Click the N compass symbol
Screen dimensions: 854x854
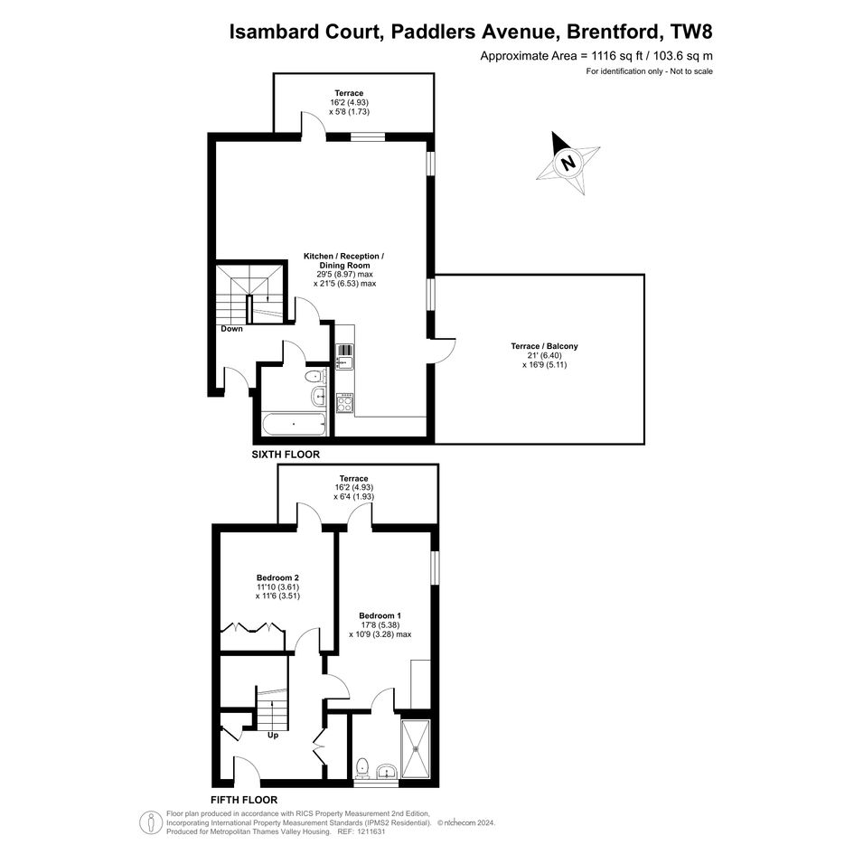point(568,163)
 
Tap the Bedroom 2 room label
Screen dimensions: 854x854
point(277,577)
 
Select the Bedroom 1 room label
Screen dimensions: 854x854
point(380,616)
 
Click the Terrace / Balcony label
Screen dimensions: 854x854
point(545,346)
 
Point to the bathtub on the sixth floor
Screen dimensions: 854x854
point(294,424)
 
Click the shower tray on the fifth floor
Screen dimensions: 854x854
point(416,749)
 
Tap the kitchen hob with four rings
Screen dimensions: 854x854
point(344,402)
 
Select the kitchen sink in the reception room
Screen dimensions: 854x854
point(345,357)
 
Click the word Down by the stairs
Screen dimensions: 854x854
point(232,329)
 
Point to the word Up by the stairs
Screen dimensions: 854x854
point(273,736)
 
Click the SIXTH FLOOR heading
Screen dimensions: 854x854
point(286,455)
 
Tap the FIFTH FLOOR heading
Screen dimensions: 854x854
point(244,800)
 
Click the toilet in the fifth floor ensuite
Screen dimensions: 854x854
point(362,768)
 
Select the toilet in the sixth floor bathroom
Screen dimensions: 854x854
point(314,377)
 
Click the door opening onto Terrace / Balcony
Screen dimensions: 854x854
point(443,351)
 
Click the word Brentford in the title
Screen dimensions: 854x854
point(613,32)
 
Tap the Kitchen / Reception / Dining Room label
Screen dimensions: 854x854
point(344,261)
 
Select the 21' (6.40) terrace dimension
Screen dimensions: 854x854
point(545,356)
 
